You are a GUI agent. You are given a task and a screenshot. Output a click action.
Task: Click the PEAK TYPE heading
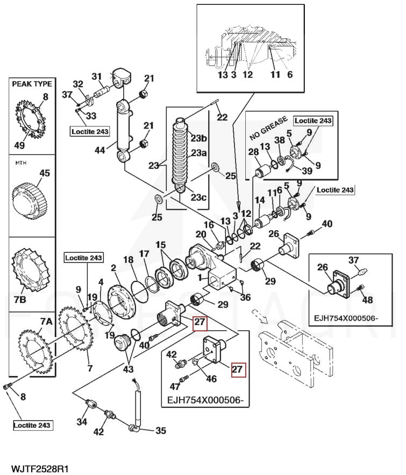point(32,84)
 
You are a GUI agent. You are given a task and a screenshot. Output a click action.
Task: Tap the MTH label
point(20,162)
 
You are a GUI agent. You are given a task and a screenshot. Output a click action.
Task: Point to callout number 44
point(100,151)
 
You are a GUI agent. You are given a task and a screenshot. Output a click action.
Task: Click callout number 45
point(45,173)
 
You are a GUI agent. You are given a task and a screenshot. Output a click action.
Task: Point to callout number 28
point(253,153)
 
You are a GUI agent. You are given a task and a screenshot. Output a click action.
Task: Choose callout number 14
point(260,200)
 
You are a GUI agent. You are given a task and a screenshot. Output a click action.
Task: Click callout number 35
point(160,430)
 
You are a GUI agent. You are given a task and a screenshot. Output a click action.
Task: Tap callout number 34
point(81,422)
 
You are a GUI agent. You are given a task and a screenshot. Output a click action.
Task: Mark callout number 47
point(174,386)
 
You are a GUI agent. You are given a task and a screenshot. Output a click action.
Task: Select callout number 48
point(367,300)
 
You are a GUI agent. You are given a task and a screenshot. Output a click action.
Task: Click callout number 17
point(144,253)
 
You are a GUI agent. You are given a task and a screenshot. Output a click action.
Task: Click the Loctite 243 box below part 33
point(90,131)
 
